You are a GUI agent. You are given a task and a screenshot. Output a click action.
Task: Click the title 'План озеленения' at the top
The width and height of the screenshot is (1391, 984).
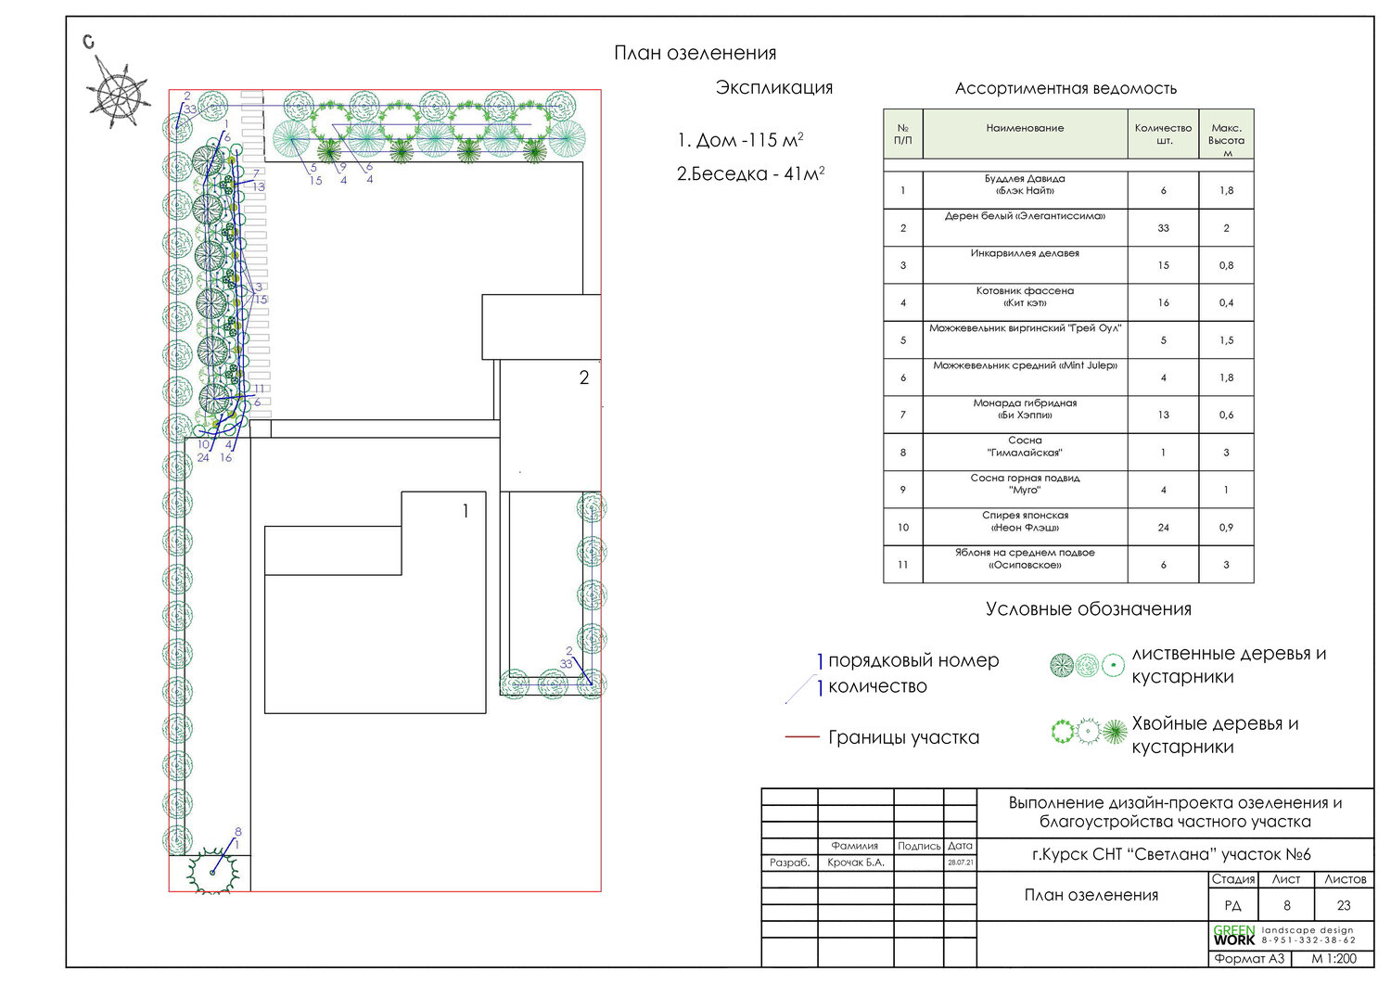coord(695,53)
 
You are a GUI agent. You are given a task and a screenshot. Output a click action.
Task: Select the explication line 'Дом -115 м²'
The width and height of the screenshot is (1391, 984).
coord(739,140)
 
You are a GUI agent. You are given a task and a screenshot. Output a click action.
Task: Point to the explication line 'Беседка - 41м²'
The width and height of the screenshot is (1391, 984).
coord(750,173)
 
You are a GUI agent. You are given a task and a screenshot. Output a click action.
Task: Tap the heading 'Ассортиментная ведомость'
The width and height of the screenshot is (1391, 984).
coord(1066,89)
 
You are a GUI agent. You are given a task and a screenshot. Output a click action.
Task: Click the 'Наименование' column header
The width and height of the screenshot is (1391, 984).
coord(1025,129)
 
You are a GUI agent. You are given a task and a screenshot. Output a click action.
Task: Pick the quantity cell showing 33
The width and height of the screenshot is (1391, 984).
coord(1163,228)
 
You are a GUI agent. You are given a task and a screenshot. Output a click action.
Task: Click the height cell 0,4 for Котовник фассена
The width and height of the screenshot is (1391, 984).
coord(1226,303)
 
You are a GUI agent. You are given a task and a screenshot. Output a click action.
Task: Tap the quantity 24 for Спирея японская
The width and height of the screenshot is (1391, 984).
coord(1163,528)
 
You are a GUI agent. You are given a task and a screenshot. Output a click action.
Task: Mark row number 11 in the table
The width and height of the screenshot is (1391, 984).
coord(902,565)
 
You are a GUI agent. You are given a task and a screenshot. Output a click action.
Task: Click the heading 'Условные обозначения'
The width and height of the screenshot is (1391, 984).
coord(1088,609)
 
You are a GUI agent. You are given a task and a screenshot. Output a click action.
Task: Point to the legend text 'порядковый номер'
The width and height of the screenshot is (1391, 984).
coord(912,661)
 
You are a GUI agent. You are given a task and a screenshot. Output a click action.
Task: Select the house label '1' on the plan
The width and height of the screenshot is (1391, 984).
coord(466,511)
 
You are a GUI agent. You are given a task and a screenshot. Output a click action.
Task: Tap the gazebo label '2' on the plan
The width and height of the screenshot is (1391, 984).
coord(584,377)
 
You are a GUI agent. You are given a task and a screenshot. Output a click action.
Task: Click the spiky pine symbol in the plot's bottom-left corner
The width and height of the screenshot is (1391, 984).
coord(213,870)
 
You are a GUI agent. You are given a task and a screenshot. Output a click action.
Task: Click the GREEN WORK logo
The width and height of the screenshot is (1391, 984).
coord(1233,935)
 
